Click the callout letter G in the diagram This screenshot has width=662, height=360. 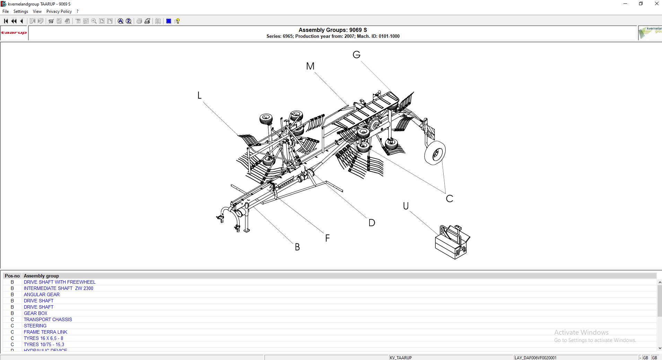click(357, 55)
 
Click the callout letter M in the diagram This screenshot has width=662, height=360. click(310, 66)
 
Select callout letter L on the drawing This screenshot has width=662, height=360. click(199, 95)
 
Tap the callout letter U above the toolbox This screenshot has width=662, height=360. click(406, 206)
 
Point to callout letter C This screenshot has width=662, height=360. click(450, 199)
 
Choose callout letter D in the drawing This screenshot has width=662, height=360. click(372, 223)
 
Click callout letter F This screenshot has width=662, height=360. click(328, 238)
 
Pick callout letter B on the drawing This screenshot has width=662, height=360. click(297, 247)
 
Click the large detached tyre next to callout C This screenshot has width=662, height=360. click(435, 153)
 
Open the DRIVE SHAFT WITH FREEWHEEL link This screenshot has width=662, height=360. click(59, 282)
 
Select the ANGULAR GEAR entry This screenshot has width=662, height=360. click(42, 294)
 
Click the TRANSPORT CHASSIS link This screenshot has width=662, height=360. click(48, 319)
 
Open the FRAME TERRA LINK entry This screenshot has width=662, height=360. click(45, 332)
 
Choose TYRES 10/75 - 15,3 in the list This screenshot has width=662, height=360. click(44, 344)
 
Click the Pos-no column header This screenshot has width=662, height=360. click(12, 276)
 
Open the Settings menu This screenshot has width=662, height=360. click(21, 11)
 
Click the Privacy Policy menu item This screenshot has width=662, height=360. click(59, 11)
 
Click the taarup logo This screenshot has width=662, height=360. click(14, 33)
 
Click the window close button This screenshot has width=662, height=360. click(656, 4)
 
